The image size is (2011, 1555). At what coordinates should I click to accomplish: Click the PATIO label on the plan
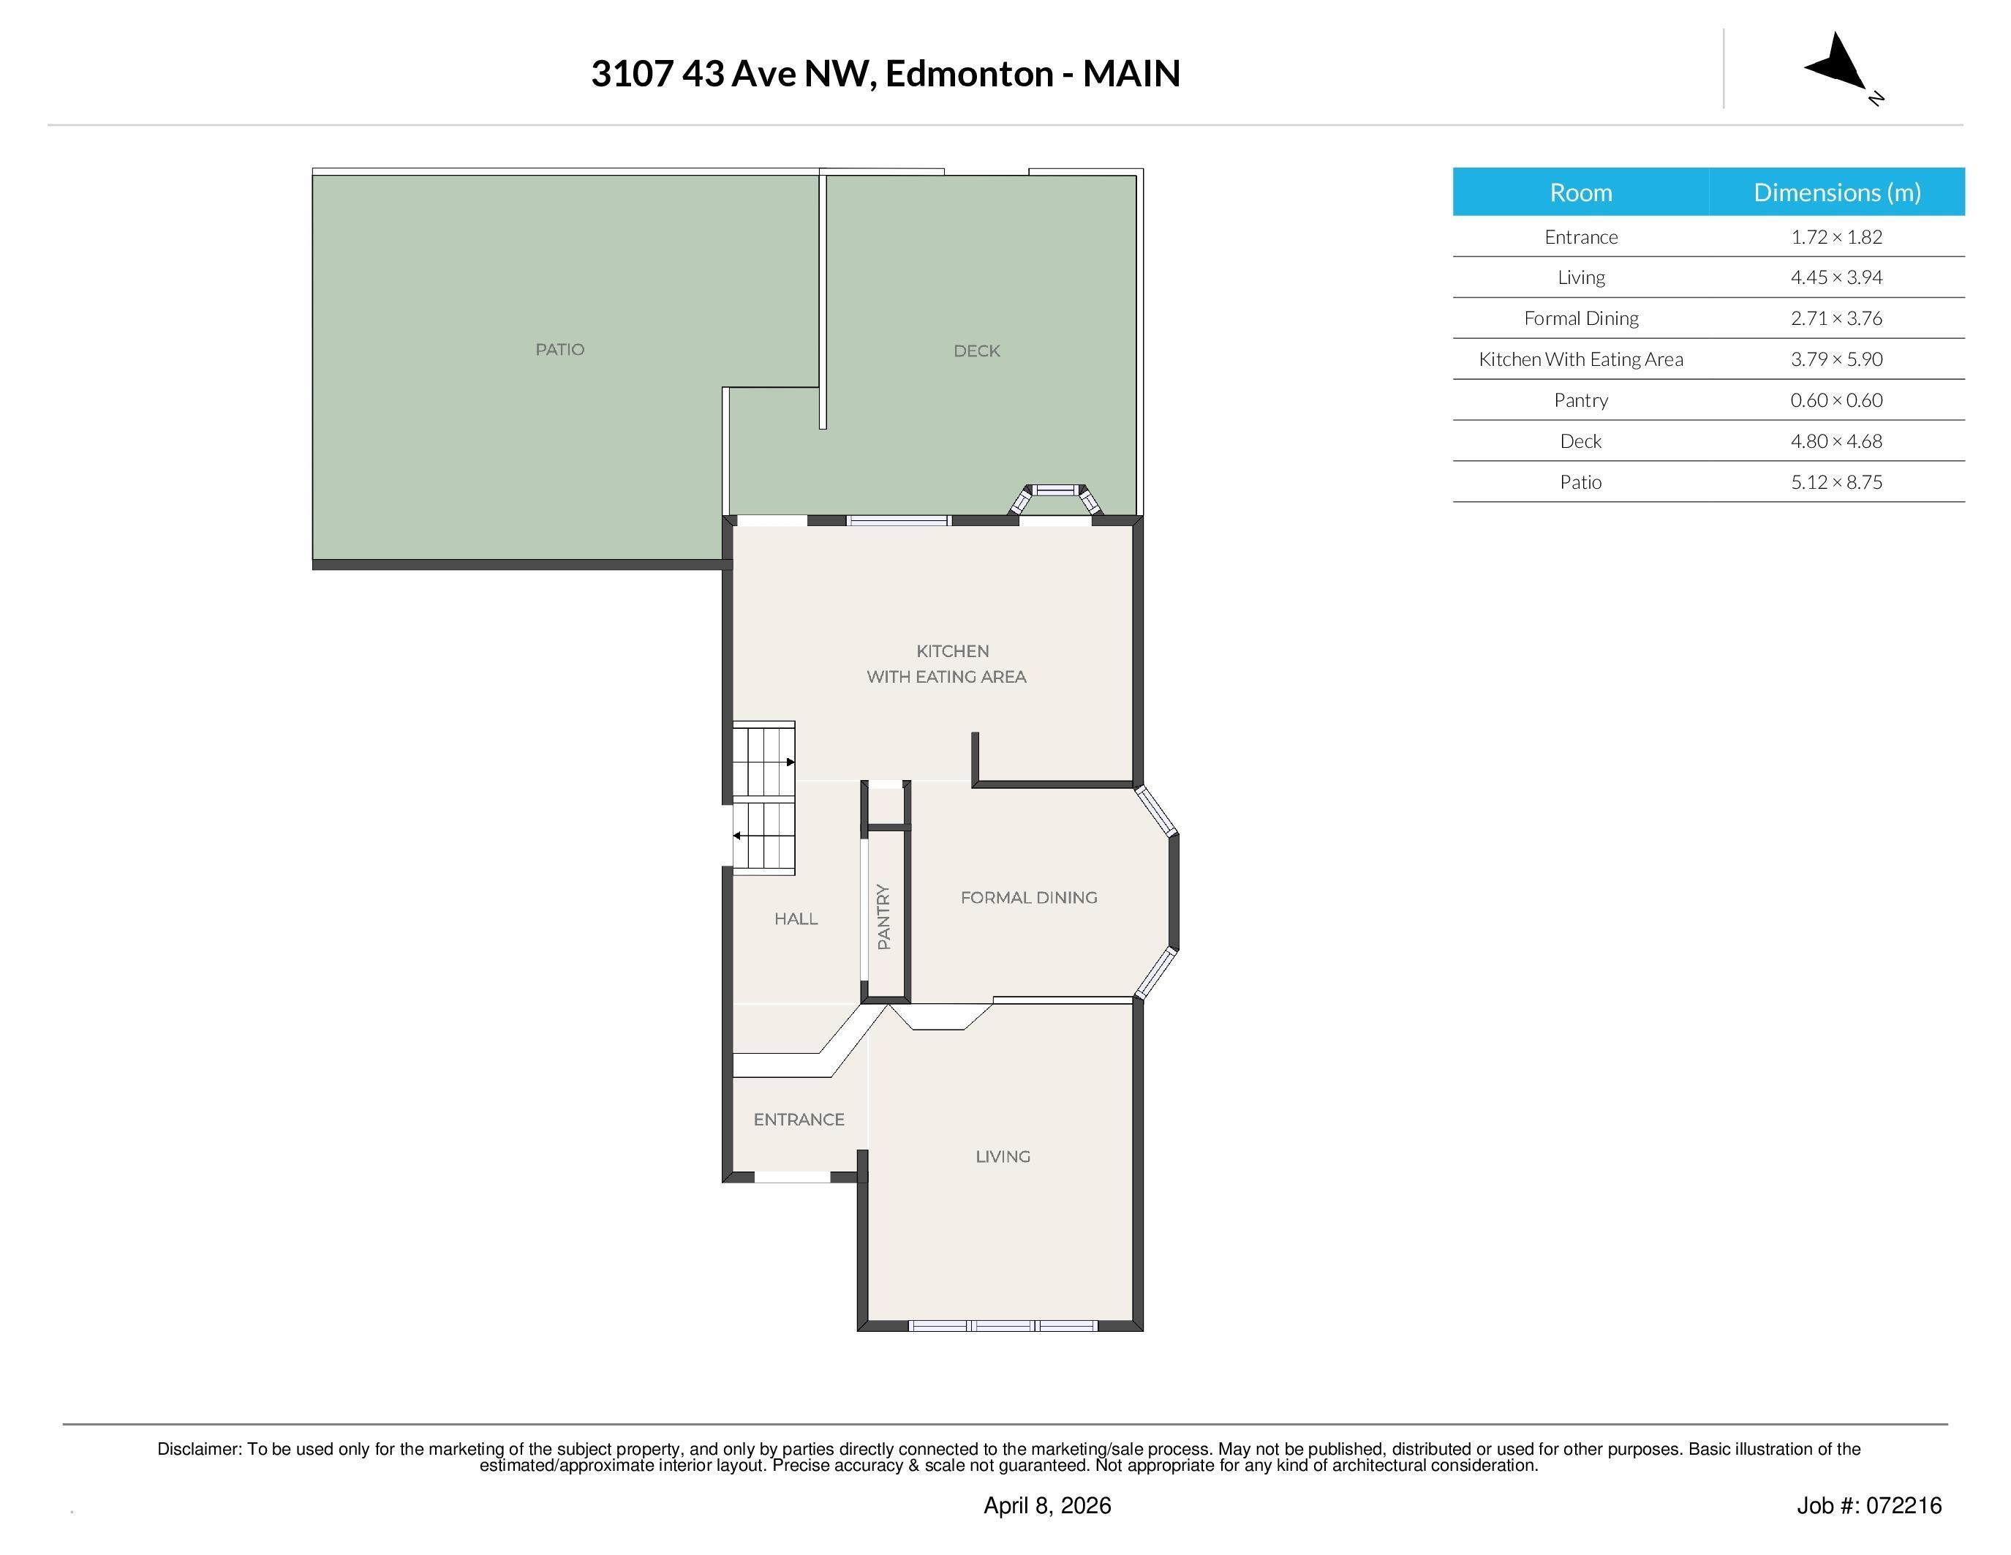click(x=560, y=349)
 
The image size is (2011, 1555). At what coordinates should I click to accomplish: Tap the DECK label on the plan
click(x=976, y=351)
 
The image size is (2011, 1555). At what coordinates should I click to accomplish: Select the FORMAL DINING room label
click(x=1028, y=897)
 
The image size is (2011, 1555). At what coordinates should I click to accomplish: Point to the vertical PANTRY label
click(x=884, y=917)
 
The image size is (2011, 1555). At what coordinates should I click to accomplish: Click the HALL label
click(x=796, y=918)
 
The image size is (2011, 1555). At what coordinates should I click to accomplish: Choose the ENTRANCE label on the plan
click(x=799, y=1120)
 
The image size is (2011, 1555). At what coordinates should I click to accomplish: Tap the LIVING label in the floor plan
click(x=1003, y=1156)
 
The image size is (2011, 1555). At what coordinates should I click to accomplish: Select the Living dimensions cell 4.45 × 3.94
click(x=1836, y=277)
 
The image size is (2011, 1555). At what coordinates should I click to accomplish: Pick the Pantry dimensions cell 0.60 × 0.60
click(x=1836, y=400)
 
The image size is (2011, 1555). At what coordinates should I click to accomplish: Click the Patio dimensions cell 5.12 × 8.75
click(x=1836, y=482)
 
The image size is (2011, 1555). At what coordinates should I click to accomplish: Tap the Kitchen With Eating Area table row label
click(x=1580, y=359)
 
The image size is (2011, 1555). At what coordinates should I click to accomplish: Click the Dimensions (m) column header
click(x=1836, y=192)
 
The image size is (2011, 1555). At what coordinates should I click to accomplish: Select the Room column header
click(x=1580, y=192)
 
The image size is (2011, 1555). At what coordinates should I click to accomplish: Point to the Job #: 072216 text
click(x=1868, y=1505)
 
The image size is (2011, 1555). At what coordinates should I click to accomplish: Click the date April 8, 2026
click(x=1047, y=1505)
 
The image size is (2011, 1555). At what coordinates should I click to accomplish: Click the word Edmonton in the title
click(x=969, y=74)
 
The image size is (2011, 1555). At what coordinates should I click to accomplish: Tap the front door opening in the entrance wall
click(x=792, y=1177)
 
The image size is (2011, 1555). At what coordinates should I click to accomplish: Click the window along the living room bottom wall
click(x=1003, y=1326)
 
